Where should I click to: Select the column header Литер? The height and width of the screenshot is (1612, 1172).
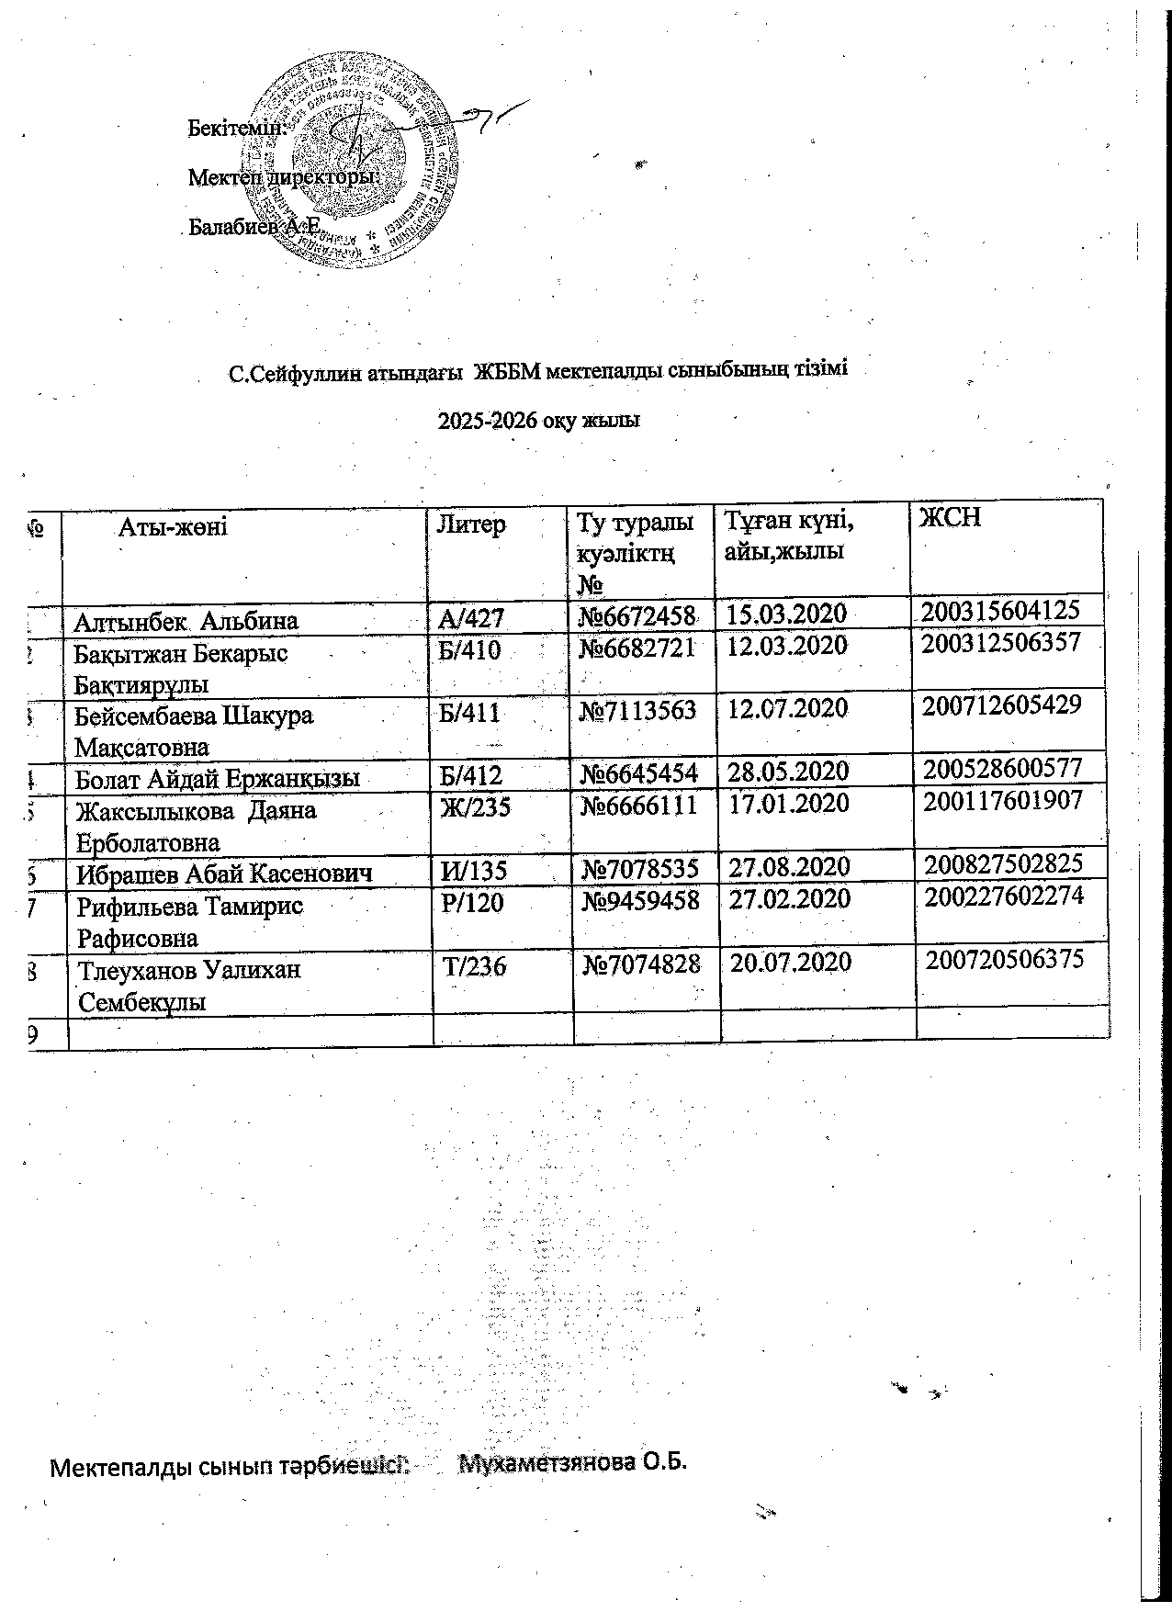471,524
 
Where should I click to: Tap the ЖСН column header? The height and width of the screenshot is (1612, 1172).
951,517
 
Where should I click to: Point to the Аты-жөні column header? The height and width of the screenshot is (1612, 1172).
173,526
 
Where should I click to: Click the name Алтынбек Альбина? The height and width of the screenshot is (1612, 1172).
186,621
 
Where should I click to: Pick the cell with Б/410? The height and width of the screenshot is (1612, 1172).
470,651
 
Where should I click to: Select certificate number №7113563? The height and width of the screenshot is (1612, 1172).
638,710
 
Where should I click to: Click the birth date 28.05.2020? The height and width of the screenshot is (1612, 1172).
788,772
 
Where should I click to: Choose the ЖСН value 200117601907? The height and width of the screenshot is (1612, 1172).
1003,801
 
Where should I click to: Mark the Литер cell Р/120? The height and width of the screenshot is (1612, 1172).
473,903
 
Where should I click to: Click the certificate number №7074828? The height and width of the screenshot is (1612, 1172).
643,964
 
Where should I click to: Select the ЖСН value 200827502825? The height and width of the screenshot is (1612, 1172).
1003,863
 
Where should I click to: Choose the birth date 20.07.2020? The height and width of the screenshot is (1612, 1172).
791,963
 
